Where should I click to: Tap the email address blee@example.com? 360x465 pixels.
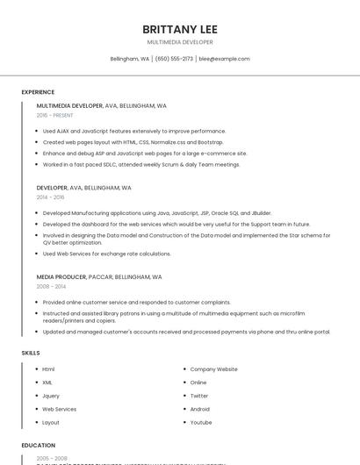pos(224,59)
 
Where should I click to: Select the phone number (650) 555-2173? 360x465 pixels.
pos(174,59)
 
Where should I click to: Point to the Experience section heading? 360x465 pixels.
pos(38,92)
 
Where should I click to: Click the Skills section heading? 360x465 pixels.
pos(31,353)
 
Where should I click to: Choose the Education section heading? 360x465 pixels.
pos(39,446)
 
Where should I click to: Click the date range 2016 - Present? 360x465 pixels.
pos(55,115)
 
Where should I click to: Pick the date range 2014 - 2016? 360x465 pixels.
pos(50,197)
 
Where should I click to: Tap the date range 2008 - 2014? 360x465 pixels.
pos(51,286)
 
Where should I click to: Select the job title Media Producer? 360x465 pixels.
pos(61,276)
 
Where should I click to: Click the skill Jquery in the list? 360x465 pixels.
pos(51,396)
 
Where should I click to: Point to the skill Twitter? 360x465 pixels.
pos(199,396)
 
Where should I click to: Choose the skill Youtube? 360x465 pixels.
pos(201,422)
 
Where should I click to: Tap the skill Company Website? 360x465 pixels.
pos(213,369)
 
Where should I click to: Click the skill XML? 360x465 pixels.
pos(47,383)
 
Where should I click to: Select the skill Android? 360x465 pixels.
pos(200,409)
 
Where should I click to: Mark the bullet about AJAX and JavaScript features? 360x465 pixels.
pos(134,131)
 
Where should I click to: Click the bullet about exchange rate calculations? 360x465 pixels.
pos(106,254)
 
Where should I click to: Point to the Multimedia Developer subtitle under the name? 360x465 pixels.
pos(180,41)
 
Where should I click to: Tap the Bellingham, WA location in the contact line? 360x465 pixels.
pos(129,59)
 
